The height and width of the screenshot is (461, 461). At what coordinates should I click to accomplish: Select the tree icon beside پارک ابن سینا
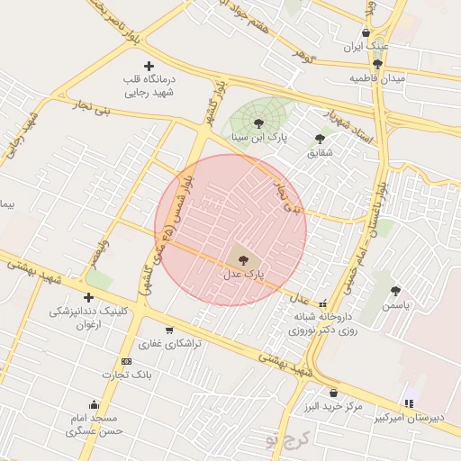tap(258, 123)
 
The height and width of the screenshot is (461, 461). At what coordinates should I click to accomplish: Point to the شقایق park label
tap(320, 152)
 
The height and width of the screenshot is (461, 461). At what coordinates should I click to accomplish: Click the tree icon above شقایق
tap(320, 138)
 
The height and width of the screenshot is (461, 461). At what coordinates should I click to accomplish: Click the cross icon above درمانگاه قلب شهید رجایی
tap(149, 66)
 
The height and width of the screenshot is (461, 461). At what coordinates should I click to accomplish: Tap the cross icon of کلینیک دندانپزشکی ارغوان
tap(88, 297)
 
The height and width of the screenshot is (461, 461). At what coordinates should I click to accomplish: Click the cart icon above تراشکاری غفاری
tap(169, 330)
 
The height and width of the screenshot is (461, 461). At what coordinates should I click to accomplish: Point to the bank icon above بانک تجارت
tap(126, 361)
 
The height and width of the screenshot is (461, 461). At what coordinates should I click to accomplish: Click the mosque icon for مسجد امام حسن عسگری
tap(94, 404)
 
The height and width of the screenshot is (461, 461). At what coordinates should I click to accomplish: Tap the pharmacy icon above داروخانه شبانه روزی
tap(323, 303)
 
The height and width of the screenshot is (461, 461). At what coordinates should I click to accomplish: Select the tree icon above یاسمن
tap(395, 290)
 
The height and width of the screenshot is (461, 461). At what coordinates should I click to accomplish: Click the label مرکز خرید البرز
tap(333, 407)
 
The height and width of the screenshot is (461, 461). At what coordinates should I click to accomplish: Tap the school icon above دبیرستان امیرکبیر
tap(410, 403)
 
